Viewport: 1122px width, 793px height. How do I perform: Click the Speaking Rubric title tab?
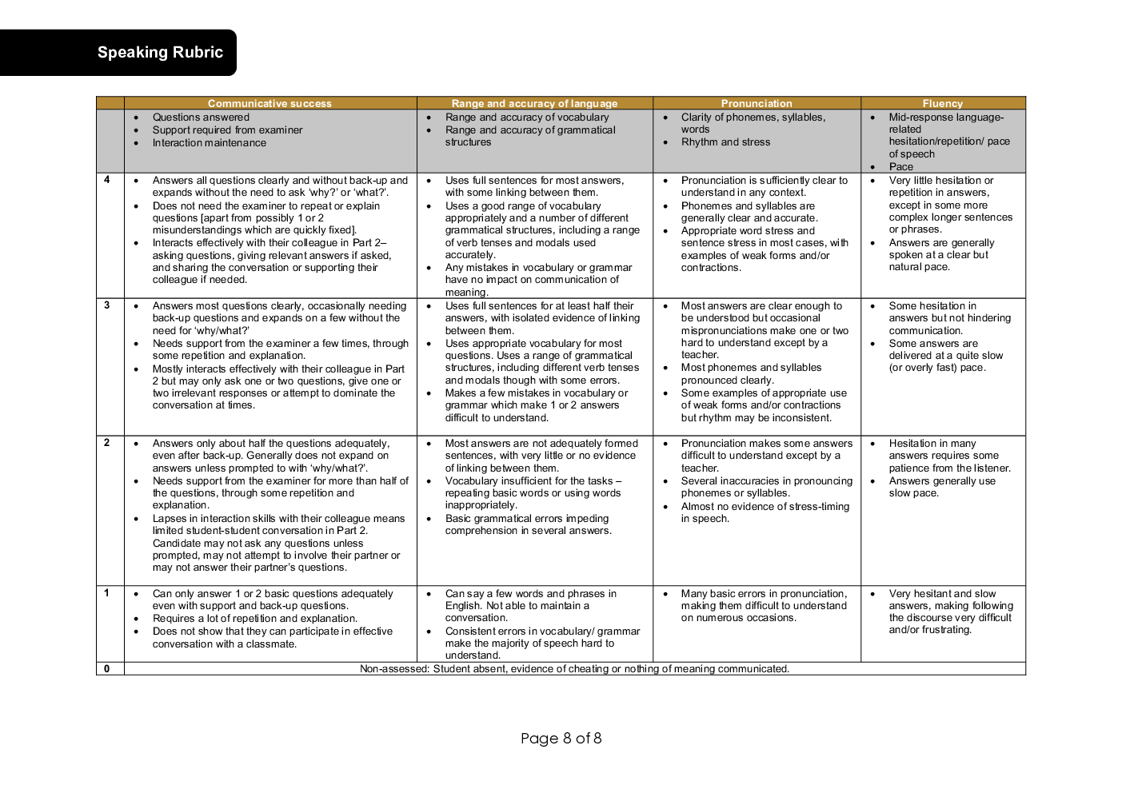point(160,53)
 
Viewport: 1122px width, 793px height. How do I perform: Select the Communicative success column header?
point(270,103)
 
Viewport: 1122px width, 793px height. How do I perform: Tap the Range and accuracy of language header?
point(534,103)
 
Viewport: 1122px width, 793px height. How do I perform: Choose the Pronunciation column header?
point(756,103)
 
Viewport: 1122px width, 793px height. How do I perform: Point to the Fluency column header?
point(942,103)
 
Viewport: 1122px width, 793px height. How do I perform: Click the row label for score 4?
point(107,180)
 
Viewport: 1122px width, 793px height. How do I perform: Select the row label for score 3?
point(107,305)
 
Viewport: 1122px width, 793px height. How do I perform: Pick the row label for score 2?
point(107,443)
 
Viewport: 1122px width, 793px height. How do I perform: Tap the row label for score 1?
point(107,593)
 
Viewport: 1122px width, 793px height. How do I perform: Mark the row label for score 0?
point(107,669)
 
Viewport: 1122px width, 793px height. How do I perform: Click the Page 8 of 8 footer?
point(561,738)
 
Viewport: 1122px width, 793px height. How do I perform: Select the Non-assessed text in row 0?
point(574,669)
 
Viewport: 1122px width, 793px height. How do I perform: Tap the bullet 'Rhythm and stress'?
point(725,142)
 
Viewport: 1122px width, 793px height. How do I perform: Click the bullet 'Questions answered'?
point(201,118)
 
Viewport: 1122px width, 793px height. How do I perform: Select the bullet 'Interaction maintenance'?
point(210,143)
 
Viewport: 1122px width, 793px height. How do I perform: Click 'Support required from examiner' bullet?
point(227,130)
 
